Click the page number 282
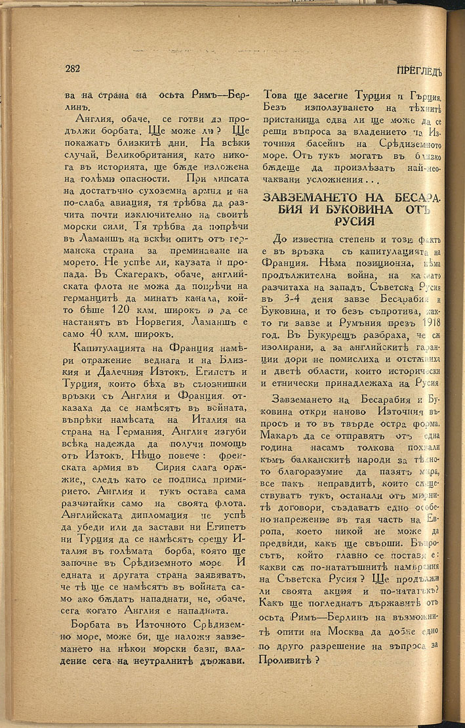click(72, 68)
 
